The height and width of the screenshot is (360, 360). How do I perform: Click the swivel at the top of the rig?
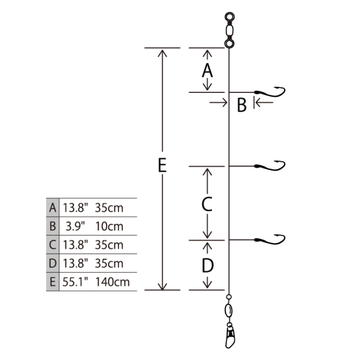tap(229, 30)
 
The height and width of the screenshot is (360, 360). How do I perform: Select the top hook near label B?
tap(270, 92)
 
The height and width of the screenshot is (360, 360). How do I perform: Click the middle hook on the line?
tap(270, 166)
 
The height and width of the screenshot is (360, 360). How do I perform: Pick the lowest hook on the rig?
tap(270, 240)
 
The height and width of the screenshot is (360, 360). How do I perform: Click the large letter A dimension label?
tap(207, 70)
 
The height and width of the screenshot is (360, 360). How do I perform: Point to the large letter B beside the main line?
tap(242, 105)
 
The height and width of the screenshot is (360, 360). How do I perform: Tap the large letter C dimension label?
tap(207, 204)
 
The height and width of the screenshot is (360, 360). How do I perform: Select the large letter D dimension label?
tap(207, 265)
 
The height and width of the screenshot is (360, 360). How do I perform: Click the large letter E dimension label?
tap(162, 165)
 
